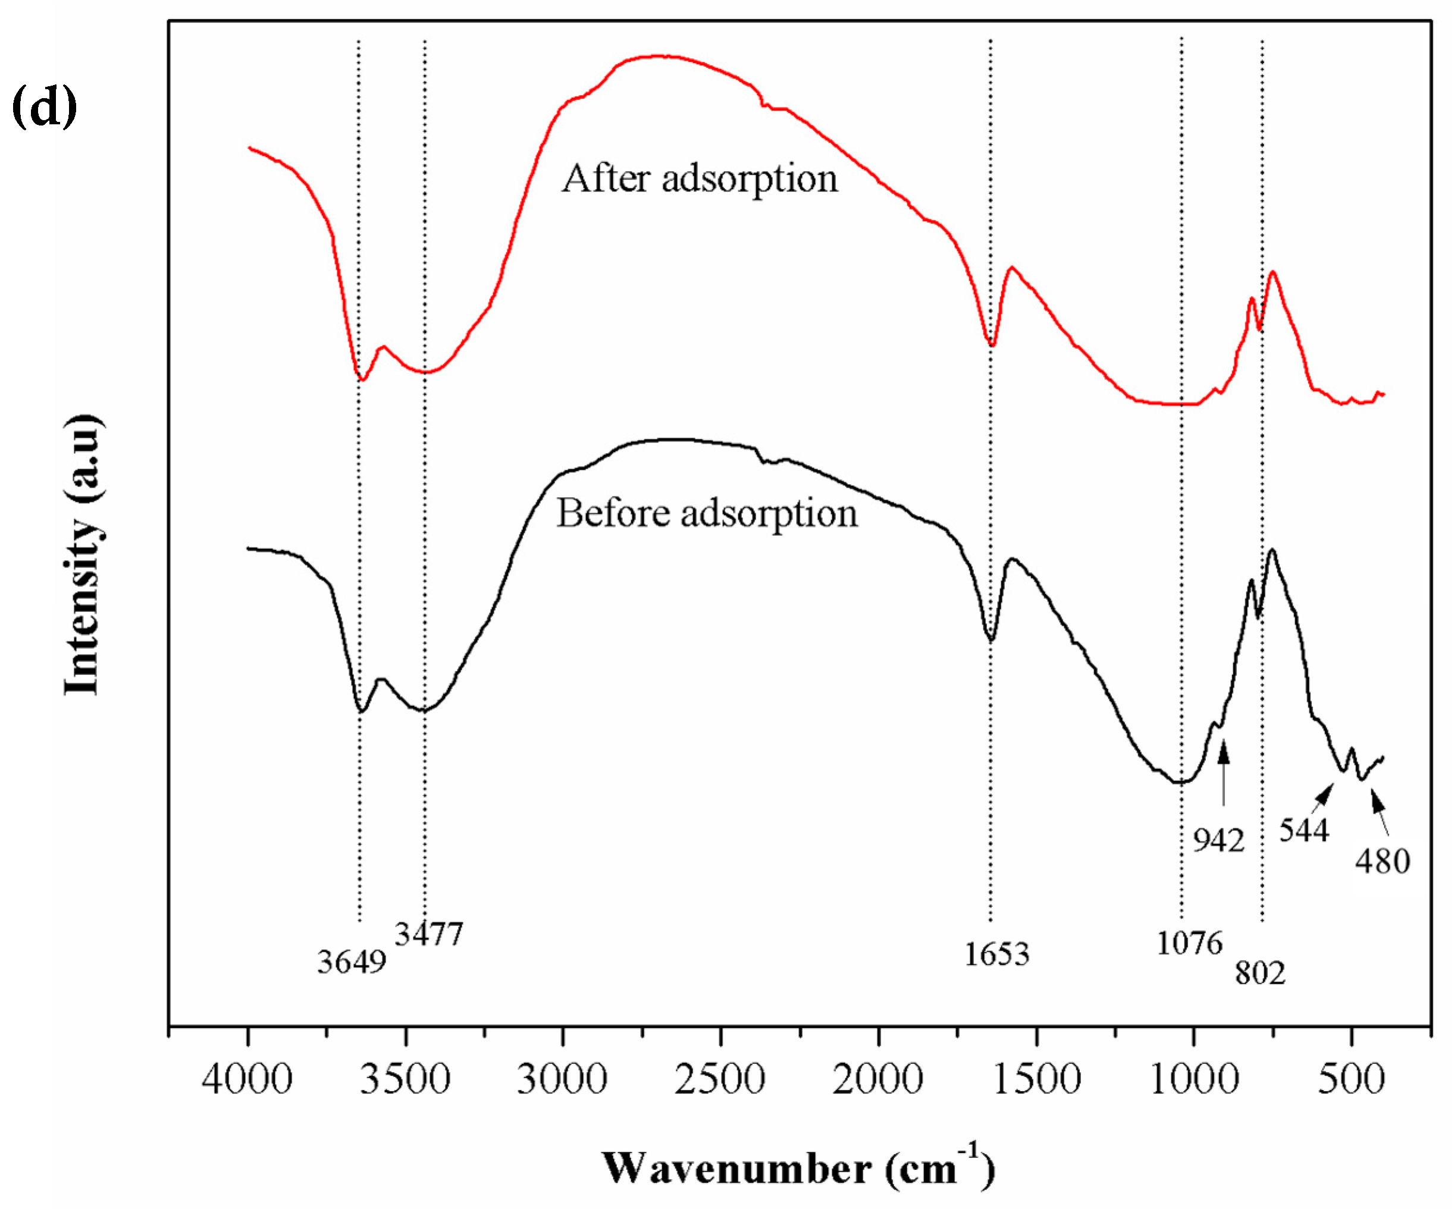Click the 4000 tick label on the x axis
tap(247, 1079)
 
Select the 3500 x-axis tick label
tap(405, 1079)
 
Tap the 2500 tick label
tap(720, 1079)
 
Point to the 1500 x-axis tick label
tap(1036, 1079)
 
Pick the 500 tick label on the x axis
tap(1351, 1079)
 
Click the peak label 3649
tap(352, 962)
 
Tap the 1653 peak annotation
tap(997, 954)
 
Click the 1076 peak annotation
tap(1189, 943)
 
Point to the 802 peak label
tap(1260, 973)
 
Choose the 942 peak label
tap(1218, 840)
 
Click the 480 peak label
tap(1383, 862)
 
